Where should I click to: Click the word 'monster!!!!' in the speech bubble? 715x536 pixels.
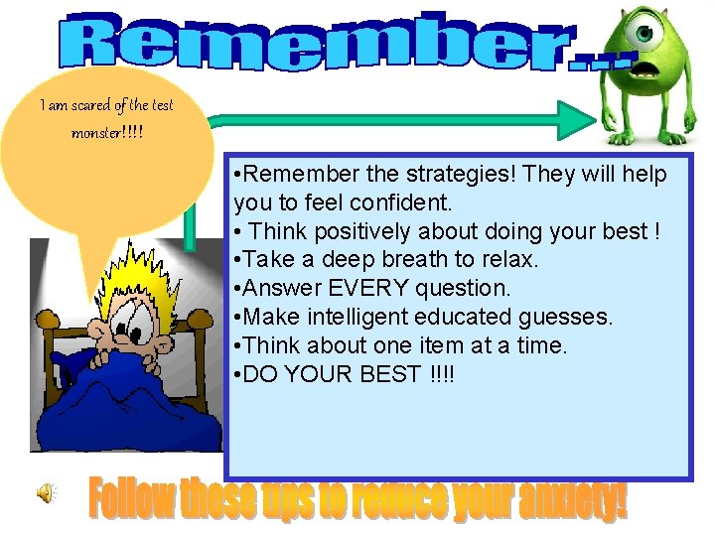coord(106,132)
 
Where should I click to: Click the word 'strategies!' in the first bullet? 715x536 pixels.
coord(460,175)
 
